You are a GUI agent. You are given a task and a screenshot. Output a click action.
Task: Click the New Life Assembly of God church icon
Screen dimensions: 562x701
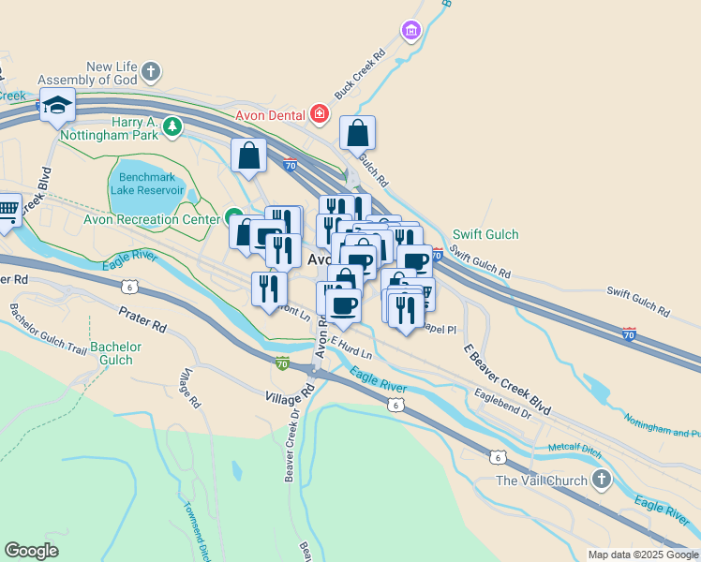click(x=152, y=72)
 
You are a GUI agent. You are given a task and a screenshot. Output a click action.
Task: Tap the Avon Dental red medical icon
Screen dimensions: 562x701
click(x=320, y=114)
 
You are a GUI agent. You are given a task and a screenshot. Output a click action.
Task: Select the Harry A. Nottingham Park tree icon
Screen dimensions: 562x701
click(x=172, y=126)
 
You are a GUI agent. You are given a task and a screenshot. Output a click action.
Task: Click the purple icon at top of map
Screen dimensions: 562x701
click(x=410, y=32)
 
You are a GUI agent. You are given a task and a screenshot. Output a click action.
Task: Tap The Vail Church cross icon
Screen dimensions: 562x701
click(x=602, y=481)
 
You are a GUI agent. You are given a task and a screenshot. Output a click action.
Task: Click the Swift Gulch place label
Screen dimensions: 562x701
click(x=485, y=234)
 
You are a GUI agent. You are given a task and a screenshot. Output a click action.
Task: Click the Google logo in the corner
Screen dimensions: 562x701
click(x=31, y=551)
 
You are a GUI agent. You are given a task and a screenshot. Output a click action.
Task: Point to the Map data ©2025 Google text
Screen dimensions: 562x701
click(x=643, y=555)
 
